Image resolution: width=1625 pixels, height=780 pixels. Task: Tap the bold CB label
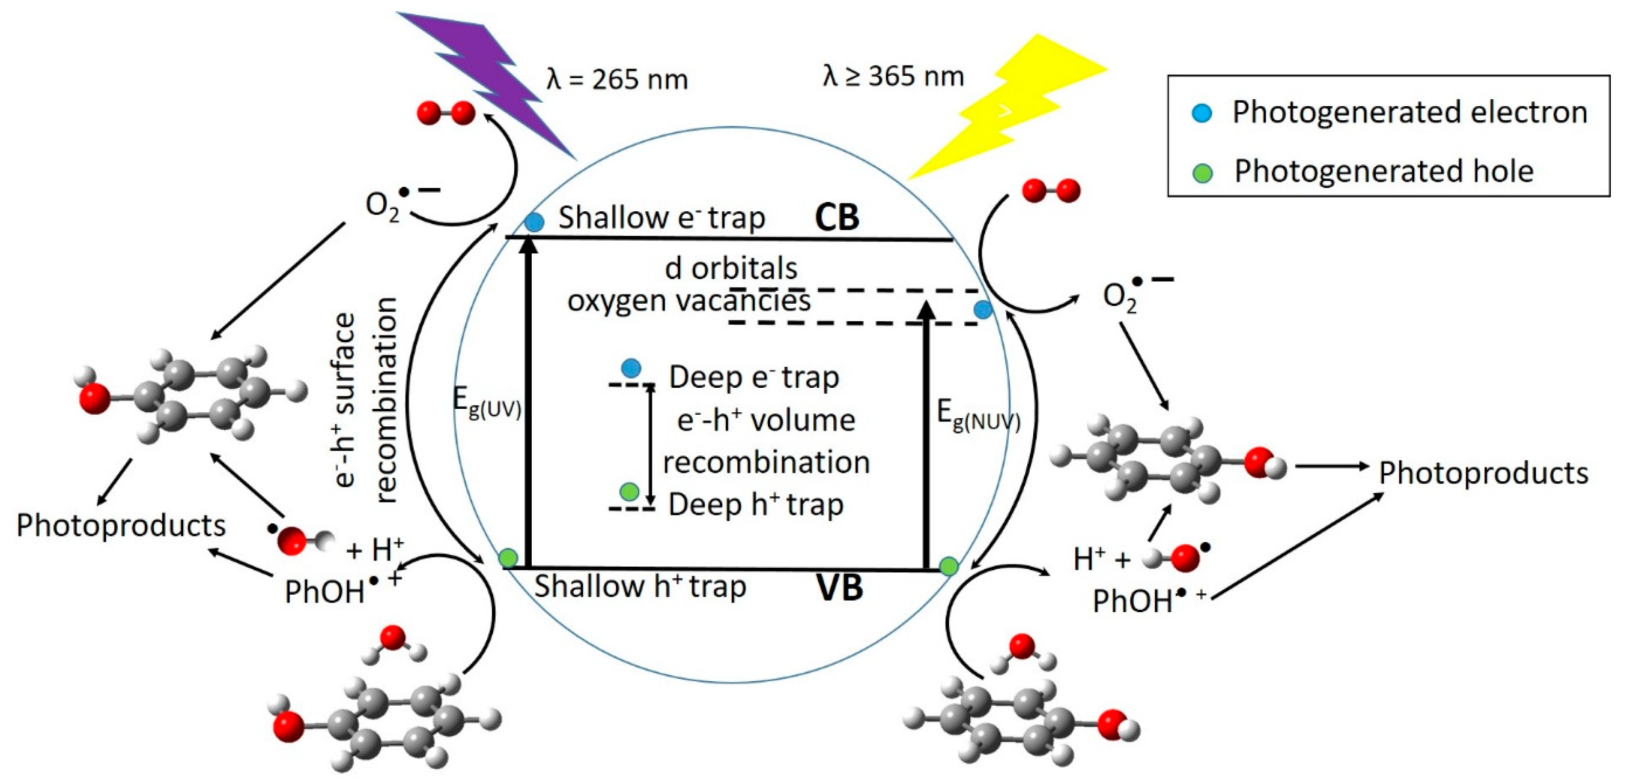[x=837, y=217]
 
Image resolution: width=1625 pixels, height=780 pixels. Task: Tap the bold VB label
[x=840, y=587]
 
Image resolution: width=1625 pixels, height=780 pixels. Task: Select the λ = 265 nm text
[x=616, y=80]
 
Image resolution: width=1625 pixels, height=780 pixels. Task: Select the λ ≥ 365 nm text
[x=893, y=76]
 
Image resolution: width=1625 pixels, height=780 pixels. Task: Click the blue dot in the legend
[x=1202, y=113]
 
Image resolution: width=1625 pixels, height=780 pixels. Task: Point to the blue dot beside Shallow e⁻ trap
[x=534, y=222]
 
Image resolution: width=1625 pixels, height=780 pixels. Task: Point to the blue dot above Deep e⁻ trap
[x=631, y=368]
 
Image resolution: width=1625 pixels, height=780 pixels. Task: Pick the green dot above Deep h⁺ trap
[x=629, y=491]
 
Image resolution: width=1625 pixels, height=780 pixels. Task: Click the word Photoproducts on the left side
[x=121, y=526]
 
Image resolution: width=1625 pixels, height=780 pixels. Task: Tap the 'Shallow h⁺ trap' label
[x=640, y=587]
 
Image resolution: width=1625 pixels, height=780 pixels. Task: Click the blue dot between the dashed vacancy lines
[x=983, y=309]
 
